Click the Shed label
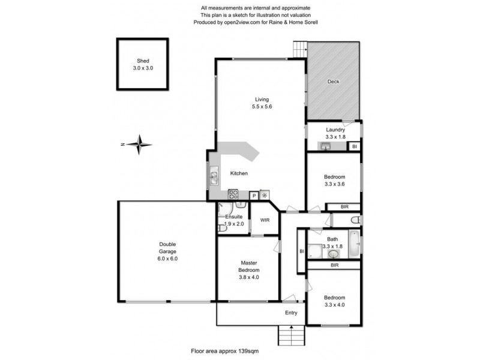click(x=143, y=64)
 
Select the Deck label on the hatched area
click(x=334, y=82)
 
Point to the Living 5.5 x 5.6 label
click(x=262, y=103)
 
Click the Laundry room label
click(x=335, y=133)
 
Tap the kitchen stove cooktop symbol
click(x=233, y=194)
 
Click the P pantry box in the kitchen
click(x=254, y=195)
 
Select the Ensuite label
click(x=234, y=220)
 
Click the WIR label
click(x=265, y=220)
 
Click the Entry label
click(x=291, y=313)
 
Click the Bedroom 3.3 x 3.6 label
click(x=334, y=181)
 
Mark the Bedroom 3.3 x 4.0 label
click(x=334, y=301)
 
